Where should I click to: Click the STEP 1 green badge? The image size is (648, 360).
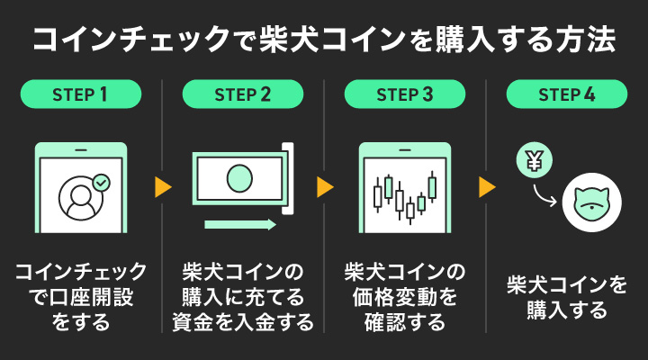click(x=81, y=94)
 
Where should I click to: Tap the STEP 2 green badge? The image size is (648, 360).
click(x=243, y=94)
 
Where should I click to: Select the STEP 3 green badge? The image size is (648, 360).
click(x=405, y=94)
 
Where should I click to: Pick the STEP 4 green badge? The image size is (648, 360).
click(x=567, y=94)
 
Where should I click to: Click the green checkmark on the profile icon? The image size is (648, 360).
click(x=102, y=182)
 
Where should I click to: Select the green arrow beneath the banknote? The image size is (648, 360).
click(x=239, y=223)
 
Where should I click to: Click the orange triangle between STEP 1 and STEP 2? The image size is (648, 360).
click(x=163, y=186)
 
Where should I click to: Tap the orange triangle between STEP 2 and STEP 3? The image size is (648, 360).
click(x=325, y=186)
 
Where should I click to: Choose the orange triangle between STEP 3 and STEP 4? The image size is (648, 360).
click(x=487, y=186)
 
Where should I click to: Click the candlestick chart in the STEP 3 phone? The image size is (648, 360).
click(x=405, y=196)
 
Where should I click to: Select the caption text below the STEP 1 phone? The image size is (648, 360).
click(x=81, y=296)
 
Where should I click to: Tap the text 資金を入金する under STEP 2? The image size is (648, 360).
click(x=243, y=321)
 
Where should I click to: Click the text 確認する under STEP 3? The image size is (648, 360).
click(x=405, y=321)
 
